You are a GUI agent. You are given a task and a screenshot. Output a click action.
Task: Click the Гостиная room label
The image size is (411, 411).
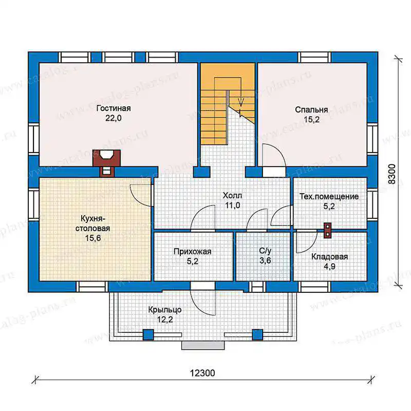(114, 108)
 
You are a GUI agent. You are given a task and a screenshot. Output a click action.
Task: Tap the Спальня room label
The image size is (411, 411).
(311, 109)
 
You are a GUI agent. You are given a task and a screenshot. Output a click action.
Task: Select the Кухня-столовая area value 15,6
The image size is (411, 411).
(93, 238)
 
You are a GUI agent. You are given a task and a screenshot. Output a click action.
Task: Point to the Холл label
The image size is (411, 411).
(232, 196)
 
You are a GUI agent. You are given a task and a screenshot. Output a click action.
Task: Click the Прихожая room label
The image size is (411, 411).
(192, 252)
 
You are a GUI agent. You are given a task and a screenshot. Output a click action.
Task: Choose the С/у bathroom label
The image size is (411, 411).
(265, 251)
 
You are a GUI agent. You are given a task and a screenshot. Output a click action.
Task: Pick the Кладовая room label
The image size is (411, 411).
(329, 256)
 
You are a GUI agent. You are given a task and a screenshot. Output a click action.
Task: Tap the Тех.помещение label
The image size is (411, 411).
(329, 196)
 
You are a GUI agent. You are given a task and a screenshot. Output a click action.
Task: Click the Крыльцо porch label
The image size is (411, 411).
(165, 310)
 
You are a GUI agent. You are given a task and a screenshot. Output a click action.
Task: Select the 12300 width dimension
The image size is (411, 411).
(202, 373)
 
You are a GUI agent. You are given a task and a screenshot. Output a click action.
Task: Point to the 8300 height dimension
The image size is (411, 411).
(391, 174)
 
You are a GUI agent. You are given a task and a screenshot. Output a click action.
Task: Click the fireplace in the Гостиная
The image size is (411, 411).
(107, 162)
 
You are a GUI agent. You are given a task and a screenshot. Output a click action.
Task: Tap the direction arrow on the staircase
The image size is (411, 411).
(241, 102)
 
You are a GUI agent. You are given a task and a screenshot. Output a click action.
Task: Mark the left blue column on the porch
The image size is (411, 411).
(148, 334)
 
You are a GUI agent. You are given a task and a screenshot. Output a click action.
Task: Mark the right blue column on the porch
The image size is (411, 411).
(257, 334)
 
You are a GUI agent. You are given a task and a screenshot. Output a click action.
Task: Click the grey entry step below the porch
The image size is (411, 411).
(203, 345)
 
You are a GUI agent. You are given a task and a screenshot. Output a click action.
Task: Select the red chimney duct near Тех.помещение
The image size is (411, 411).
(327, 230)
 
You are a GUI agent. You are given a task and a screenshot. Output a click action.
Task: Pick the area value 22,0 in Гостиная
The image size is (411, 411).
(114, 118)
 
